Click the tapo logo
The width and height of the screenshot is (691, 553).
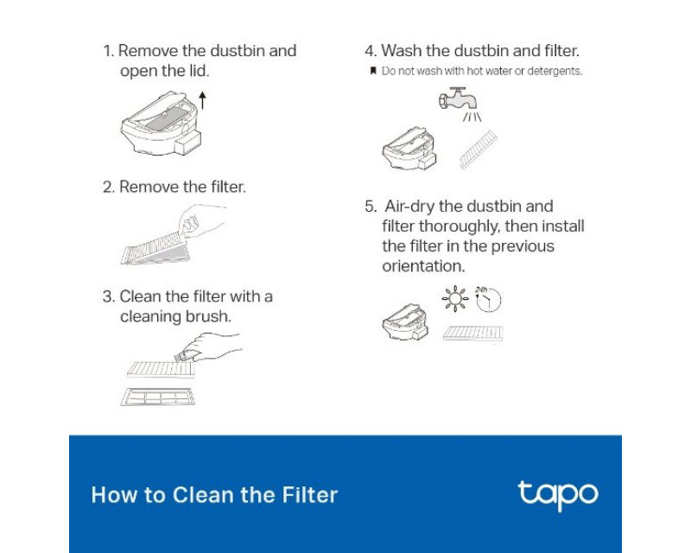[x=558, y=495]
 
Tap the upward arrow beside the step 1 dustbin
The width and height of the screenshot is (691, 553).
[x=202, y=100]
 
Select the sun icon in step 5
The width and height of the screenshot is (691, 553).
[x=455, y=299]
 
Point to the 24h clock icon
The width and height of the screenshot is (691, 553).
[x=488, y=300]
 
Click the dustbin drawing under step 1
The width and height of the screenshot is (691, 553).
[x=162, y=124]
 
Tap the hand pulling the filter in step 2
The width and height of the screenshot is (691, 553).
[x=202, y=220]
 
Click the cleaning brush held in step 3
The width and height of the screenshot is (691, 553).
[x=183, y=356]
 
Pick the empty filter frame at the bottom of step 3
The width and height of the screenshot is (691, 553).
[x=158, y=397]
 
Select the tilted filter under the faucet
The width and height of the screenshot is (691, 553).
[x=479, y=149]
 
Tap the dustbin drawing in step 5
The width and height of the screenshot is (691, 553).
[x=405, y=322]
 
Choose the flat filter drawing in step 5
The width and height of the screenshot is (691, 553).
[x=472, y=334]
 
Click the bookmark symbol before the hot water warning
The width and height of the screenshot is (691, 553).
[x=373, y=71]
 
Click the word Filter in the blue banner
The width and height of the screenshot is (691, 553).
[x=310, y=495]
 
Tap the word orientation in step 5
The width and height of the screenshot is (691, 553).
[x=423, y=266]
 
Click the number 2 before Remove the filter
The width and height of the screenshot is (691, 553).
[x=109, y=187]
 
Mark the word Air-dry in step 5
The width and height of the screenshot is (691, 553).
[x=409, y=207]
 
